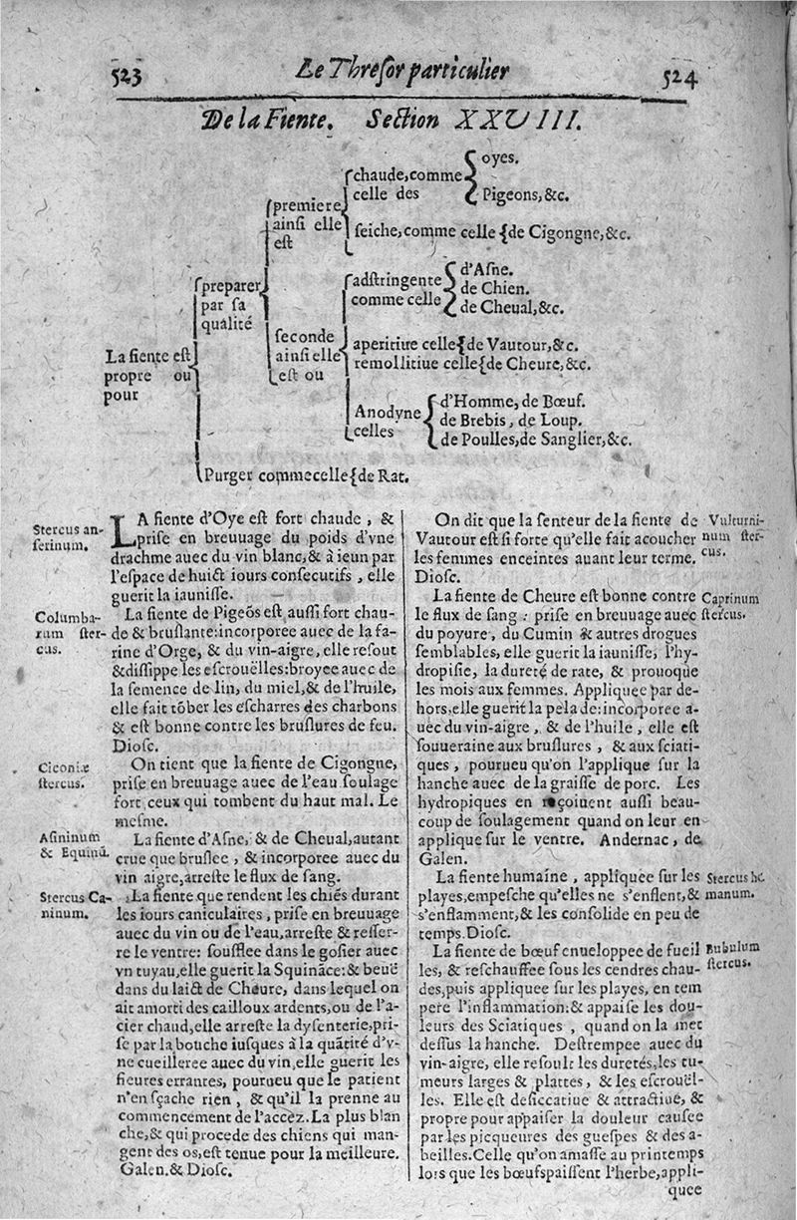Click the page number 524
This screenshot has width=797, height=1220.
point(677,77)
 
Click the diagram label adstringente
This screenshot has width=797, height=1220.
point(396,282)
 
